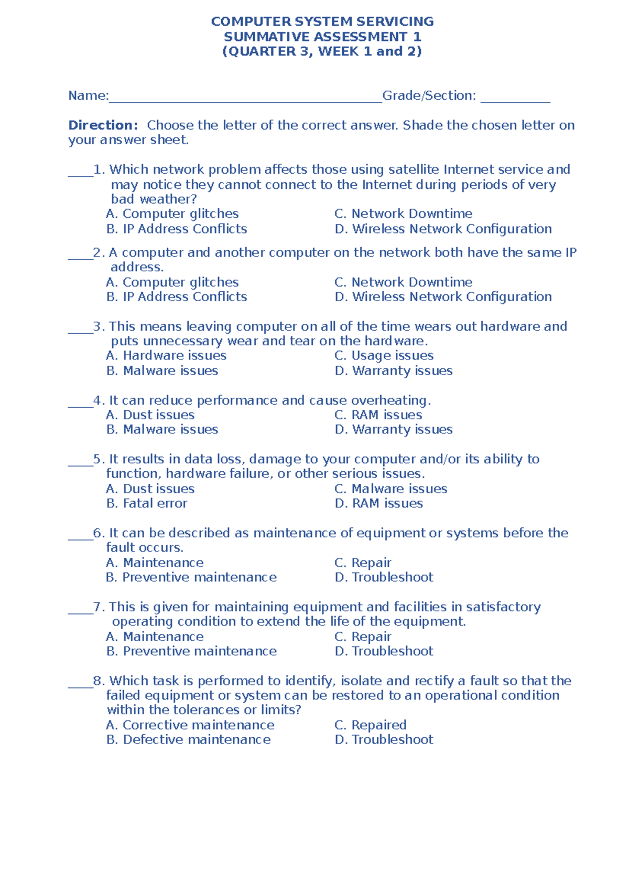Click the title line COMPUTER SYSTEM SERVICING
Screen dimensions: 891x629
tap(322, 22)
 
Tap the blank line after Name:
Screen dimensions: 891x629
tap(245, 100)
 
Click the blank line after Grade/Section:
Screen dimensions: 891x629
tap(515, 100)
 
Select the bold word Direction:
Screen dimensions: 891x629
tap(103, 125)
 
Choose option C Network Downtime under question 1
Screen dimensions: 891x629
tap(403, 214)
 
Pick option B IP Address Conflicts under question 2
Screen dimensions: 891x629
tap(176, 296)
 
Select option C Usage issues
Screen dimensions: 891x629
tap(384, 355)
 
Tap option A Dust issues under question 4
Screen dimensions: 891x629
tap(150, 415)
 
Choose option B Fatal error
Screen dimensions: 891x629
tap(146, 503)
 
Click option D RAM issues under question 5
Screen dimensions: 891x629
tap(378, 503)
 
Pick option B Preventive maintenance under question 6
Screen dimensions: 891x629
tap(191, 577)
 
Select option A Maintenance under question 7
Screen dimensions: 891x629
tap(155, 637)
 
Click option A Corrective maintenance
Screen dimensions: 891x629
tap(190, 725)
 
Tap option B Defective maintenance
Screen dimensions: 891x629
tap(188, 739)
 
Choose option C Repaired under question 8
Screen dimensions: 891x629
tap(370, 725)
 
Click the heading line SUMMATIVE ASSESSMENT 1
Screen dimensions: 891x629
tap(322, 37)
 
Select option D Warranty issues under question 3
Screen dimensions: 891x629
tap(393, 370)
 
